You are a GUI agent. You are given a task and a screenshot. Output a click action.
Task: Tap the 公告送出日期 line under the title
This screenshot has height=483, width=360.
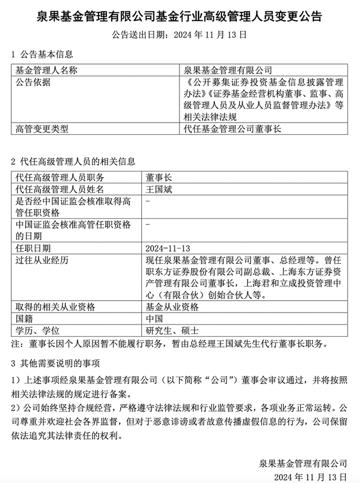click(180, 35)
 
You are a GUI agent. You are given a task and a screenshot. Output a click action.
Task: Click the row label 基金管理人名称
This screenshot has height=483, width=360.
click(46, 70)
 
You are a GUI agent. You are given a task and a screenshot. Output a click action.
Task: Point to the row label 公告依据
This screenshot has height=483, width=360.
click(33, 83)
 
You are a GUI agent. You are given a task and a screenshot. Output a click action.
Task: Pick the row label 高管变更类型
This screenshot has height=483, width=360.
click(42, 129)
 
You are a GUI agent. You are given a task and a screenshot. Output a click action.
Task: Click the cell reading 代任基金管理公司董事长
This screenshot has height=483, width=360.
click(232, 129)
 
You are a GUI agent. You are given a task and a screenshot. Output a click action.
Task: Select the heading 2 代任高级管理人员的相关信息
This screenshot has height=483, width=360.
click(73, 161)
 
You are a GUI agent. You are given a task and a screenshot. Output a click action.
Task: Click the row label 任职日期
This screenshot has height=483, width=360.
click(33, 247)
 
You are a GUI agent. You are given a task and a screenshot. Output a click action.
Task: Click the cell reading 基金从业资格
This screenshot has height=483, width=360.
click(172, 307)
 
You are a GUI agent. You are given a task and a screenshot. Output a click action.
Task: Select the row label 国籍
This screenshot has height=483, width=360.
click(24, 318)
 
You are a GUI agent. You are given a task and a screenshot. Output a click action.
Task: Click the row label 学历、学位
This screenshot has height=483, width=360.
click(39, 330)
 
